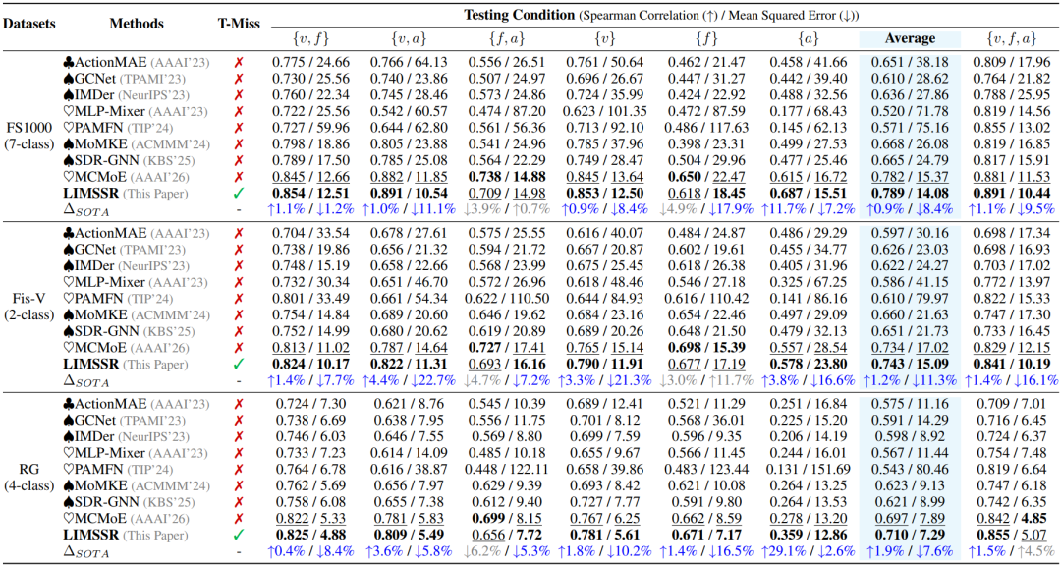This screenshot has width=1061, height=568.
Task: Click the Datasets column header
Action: coord(28,24)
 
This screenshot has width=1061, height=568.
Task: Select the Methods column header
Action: coord(137,24)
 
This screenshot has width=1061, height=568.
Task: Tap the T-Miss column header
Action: coord(232,24)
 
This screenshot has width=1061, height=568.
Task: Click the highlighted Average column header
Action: coord(910,38)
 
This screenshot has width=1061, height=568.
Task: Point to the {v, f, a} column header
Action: coord(1014,38)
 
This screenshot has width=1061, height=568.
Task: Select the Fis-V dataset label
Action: coord(28,298)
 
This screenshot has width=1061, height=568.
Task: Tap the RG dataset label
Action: coord(28,469)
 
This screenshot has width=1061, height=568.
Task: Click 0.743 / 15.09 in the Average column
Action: coord(910,363)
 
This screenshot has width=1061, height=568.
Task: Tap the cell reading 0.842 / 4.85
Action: coord(1014,517)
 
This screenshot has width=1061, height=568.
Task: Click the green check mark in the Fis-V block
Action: coord(238,363)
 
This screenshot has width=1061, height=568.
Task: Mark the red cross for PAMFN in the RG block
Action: coord(238,469)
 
